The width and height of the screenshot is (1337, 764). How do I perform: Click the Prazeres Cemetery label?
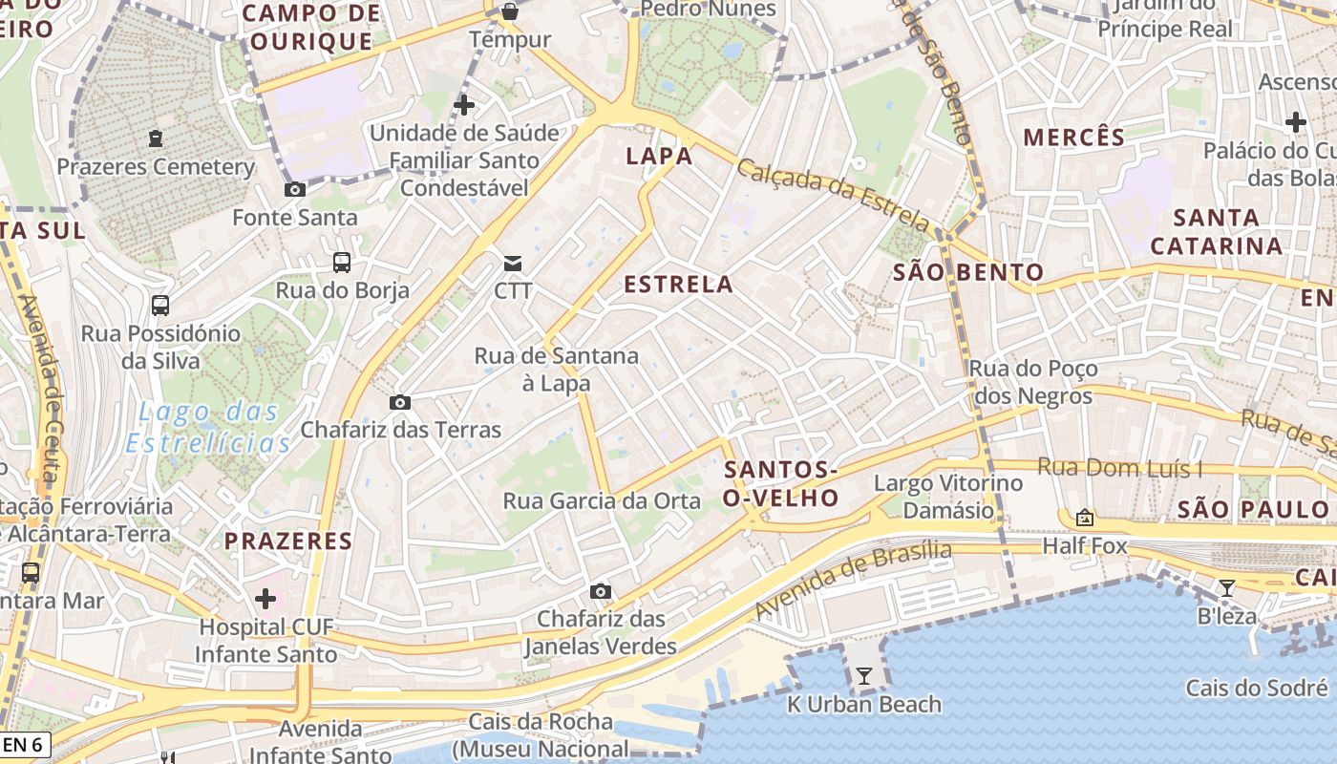[156, 167]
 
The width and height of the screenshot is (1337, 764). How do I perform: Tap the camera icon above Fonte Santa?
[295, 189]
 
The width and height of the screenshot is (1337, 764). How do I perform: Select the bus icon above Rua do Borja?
[341, 263]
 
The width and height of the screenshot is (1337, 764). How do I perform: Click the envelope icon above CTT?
[513, 263]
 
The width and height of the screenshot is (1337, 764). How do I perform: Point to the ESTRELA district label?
[678, 285]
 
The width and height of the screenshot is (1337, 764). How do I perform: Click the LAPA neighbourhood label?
[659, 157]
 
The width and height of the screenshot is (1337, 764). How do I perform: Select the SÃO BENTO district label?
[968, 273]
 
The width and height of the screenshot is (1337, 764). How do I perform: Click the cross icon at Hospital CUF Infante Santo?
[265, 599]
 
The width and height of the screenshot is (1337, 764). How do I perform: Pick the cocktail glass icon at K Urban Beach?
[864, 676]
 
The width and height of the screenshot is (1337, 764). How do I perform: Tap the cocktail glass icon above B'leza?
[1227, 587]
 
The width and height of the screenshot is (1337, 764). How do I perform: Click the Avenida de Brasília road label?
[853, 579]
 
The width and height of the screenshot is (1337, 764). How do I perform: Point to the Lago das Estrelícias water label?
[208, 428]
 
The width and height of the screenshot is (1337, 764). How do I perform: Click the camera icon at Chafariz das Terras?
[400, 402]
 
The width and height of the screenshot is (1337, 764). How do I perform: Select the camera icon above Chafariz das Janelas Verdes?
[600, 591]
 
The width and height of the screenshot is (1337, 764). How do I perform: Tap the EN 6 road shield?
[25, 745]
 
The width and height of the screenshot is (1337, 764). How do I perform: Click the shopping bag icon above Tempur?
[510, 11]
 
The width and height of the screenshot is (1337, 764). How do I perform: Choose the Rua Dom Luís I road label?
[1119, 468]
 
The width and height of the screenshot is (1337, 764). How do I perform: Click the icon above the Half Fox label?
[1084, 518]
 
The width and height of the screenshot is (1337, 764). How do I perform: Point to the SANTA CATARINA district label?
[1216, 232]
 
